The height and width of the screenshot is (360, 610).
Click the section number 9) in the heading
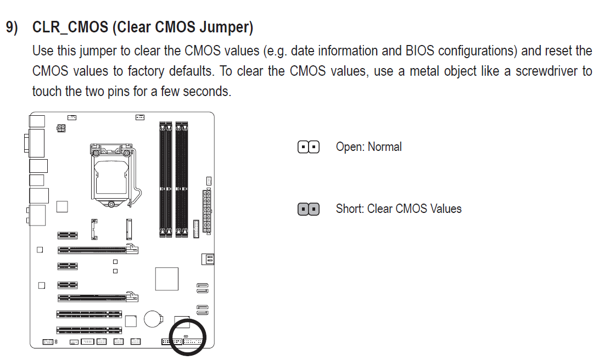click(12, 27)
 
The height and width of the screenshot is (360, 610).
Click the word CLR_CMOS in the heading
click(70, 27)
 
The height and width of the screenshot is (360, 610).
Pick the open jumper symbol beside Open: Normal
click(309, 147)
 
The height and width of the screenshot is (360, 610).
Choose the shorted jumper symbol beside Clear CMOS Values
click(309, 209)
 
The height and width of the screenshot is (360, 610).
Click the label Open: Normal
click(369, 147)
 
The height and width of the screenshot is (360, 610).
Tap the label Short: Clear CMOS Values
click(399, 209)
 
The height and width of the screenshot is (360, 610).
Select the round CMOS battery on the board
click(153, 319)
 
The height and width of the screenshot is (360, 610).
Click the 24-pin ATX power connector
click(207, 211)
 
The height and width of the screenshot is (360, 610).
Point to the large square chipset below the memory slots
click(167, 279)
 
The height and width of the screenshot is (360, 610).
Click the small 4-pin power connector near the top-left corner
click(61, 128)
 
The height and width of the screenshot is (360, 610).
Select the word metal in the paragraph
click(424, 71)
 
